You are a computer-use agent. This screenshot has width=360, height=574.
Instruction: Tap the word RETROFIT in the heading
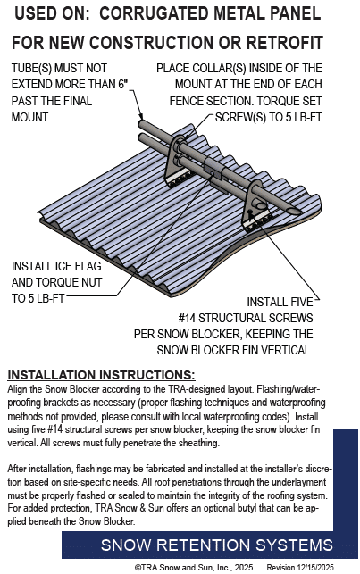click(284, 43)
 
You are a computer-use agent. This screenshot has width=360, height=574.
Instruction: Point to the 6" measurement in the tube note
click(123, 84)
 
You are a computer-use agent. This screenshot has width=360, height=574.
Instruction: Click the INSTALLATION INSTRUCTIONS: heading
click(101, 375)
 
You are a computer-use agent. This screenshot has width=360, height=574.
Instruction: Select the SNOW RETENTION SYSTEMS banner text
click(217, 545)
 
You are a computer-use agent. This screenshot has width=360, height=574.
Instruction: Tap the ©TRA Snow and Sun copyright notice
click(193, 567)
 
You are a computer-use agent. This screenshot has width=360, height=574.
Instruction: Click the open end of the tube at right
click(295, 212)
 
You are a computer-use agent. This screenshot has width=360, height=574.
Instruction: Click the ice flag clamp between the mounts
click(213, 168)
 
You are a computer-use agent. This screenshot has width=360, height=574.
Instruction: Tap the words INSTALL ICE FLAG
click(56, 266)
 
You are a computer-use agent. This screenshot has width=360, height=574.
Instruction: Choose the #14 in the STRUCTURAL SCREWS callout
click(187, 318)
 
